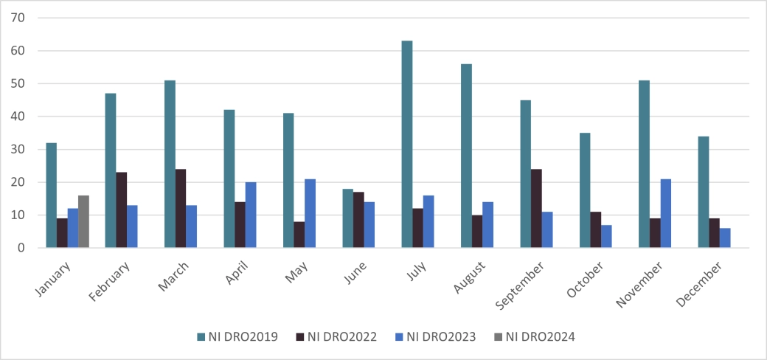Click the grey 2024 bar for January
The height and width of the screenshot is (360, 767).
[83, 221]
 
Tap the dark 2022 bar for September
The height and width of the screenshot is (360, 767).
[536, 209]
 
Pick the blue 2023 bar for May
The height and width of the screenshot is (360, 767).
[310, 213]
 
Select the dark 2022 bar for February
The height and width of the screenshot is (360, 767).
[121, 210]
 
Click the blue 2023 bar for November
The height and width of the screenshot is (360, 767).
[665, 213]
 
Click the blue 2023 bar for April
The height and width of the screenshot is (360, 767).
[251, 215]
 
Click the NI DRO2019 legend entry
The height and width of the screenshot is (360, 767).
[237, 337]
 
